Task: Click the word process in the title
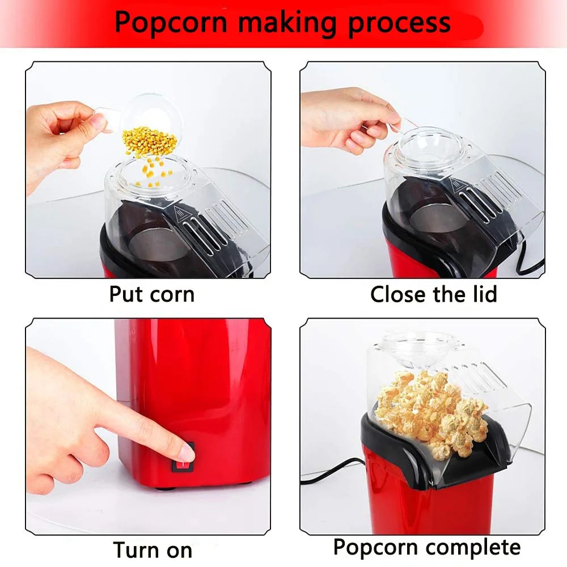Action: click(400, 23)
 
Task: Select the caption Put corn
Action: click(151, 295)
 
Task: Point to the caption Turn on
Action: click(153, 549)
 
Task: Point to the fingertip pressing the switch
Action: click(184, 451)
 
